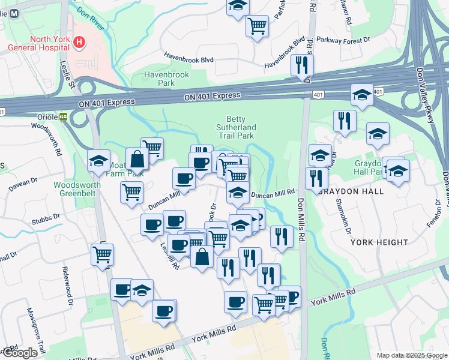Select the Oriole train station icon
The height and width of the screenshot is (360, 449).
click(62, 116)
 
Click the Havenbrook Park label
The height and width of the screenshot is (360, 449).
click(166, 79)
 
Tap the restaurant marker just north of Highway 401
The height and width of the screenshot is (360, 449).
click(302, 65)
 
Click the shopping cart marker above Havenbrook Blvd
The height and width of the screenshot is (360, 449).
click(257, 26)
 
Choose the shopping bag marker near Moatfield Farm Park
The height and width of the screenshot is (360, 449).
click(137, 159)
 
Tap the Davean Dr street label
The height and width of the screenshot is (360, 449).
click(22, 183)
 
